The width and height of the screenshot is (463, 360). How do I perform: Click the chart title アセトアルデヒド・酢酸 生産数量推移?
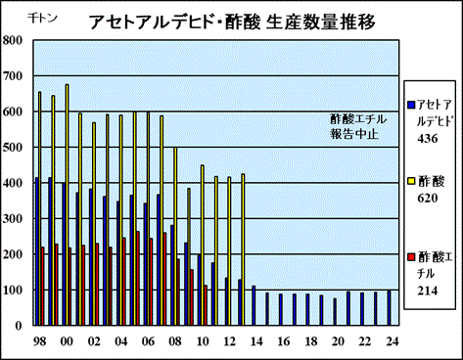(x=232, y=22)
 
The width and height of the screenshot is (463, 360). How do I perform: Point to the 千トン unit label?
(x=42, y=18)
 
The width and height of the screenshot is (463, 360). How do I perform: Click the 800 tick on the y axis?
(x=13, y=40)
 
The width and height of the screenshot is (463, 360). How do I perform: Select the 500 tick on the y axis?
(x=13, y=147)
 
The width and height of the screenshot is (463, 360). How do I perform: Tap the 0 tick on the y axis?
(x=19, y=325)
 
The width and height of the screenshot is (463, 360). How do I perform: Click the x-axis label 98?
(x=39, y=341)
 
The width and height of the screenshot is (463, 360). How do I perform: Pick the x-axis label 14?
(x=256, y=341)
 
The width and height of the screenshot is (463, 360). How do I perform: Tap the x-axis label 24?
(x=392, y=341)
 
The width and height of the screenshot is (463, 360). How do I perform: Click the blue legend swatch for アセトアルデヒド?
(x=411, y=105)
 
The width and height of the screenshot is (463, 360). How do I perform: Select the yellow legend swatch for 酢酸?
(x=411, y=180)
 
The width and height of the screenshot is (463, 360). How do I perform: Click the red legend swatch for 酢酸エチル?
(x=411, y=257)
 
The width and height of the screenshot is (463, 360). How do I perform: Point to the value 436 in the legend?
(x=428, y=139)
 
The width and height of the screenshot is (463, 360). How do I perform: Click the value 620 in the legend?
(x=428, y=198)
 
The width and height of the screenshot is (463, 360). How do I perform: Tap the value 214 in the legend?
(x=428, y=291)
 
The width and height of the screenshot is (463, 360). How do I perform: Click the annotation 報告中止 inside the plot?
(x=354, y=134)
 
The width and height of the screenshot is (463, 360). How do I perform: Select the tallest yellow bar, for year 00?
(x=67, y=204)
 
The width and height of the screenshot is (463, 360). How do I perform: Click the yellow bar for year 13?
(x=243, y=249)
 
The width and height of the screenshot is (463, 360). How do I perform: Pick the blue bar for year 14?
(x=254, y=305)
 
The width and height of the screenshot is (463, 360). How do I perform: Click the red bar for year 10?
(x=206, y=305)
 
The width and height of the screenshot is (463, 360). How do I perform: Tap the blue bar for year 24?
(x=389, y=308)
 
